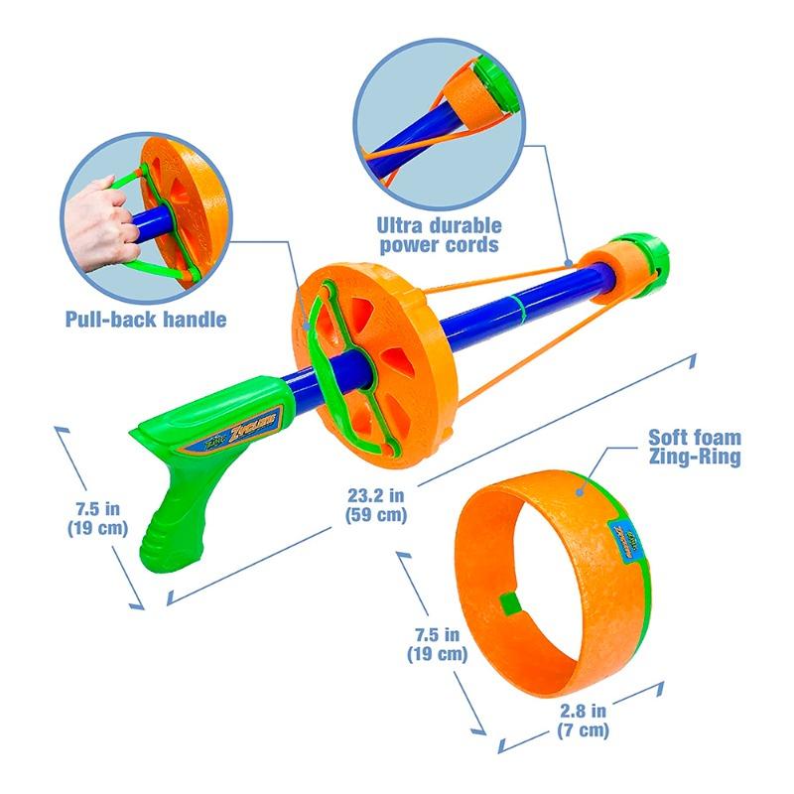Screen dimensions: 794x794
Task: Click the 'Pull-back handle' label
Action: [146, 319]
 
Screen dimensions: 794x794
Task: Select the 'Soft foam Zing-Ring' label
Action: [695, 448]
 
